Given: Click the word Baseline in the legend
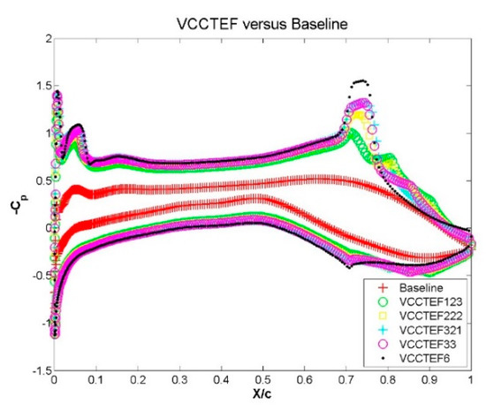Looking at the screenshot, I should coord(423,287).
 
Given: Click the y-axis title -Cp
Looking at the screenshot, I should coord(11,208).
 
